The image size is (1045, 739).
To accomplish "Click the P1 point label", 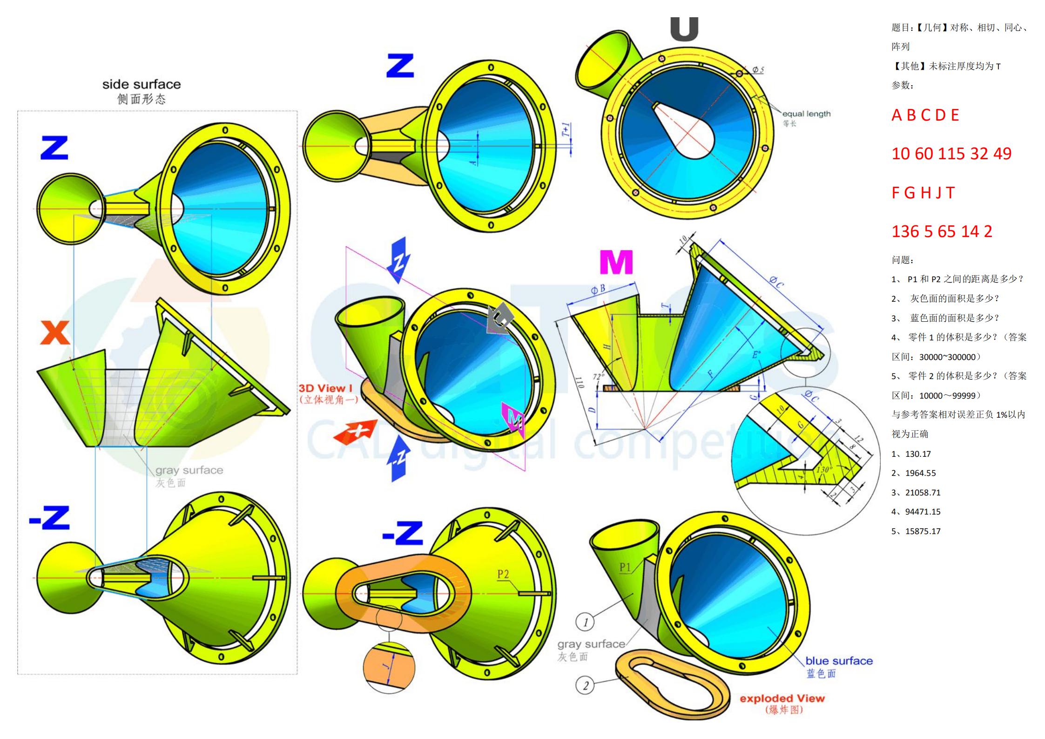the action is pos(625,567).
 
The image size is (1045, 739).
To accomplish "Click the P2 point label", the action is pos(503,574).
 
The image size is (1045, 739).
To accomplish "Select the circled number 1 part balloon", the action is pos(585,622).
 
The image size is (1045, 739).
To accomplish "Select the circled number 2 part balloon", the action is pos(585,685).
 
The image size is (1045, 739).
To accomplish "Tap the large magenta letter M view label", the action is pos(616,262).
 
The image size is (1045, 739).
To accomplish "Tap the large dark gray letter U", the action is pos(684,29).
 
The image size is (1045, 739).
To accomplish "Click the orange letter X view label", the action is pos(55,332).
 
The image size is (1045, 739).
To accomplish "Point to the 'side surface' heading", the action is pos(142,84).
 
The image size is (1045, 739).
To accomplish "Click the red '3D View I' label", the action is pos(325,388).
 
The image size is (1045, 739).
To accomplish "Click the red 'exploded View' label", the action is pos(782,698).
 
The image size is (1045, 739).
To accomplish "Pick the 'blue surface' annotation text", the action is pos(839,661).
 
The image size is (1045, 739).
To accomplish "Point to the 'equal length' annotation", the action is pos(806,114).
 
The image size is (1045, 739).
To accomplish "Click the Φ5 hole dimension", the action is pos(758,70).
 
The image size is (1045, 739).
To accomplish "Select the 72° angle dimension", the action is pos(598,376).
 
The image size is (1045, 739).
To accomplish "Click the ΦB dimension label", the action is pos(598,289).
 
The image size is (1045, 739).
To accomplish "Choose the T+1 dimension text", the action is pos(566,130).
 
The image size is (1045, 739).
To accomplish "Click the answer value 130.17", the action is pos(918,454).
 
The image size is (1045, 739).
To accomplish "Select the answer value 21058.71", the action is pos(923,492).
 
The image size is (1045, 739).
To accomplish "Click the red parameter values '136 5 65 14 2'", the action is pos(942,231).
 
